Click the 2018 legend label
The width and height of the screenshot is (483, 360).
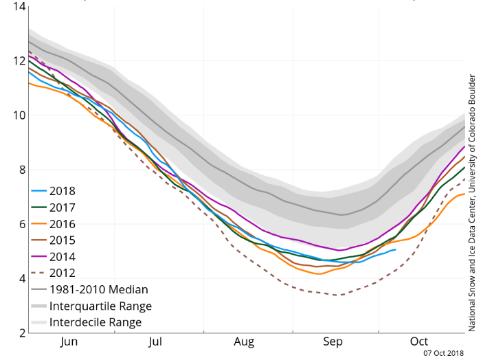tap(63, 191)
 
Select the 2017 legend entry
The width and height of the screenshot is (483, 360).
tap(63, 207)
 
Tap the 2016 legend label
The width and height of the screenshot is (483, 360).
tap(63, 224)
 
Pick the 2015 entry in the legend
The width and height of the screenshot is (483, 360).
tap(63, 240)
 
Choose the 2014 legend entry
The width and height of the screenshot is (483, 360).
tap(63, 257)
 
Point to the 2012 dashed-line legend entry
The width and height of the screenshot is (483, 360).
tap(63, 273)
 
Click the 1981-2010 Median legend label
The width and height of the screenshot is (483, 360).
tap(98, 289)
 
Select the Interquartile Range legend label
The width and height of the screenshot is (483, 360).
tap(100, 306)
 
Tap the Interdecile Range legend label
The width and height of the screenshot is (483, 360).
tap(96, 322)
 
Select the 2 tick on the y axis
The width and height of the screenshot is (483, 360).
tap(22, 333)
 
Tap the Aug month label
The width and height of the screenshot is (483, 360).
tap(245, 341)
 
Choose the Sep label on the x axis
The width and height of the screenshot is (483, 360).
tap(333, 341)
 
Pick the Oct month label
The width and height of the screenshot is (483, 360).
tap(419, 341)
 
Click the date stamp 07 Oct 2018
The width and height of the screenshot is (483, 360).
tap(443, 353)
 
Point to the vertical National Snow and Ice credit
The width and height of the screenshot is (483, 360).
tap(471, 203)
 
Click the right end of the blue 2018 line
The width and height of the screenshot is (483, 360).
tap(395, 249)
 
